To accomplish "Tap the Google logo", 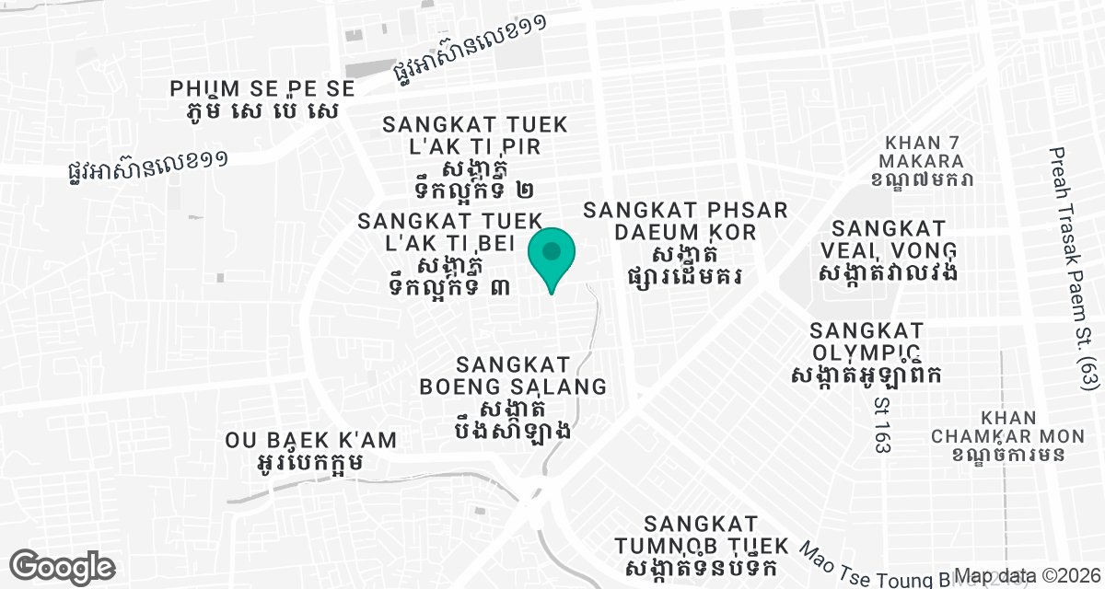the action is pos(62,566).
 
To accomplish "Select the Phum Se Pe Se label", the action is pos(262,89).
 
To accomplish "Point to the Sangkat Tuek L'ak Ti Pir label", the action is pos(475,135).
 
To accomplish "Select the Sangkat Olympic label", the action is pos(866,341).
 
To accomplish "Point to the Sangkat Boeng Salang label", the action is pos(513,375).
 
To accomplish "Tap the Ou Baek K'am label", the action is pos(311,440).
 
